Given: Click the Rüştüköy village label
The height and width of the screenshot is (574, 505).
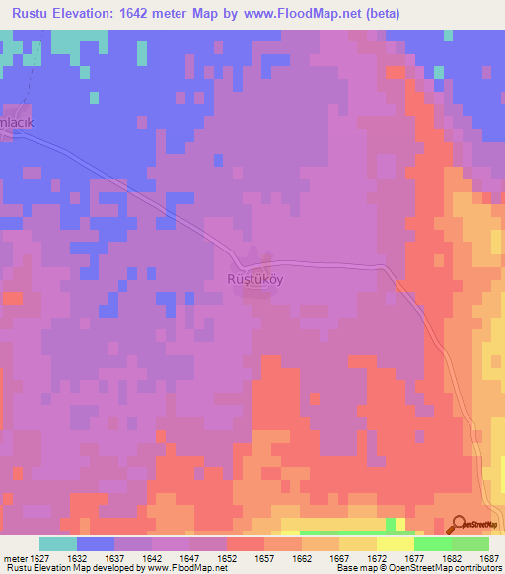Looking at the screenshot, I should coord(255,278).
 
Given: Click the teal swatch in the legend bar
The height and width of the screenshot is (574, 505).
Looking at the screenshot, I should coord(57,543).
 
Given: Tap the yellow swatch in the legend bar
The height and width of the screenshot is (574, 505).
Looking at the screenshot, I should coord(395,543).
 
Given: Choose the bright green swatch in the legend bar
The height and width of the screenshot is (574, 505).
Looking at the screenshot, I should coord(432,543).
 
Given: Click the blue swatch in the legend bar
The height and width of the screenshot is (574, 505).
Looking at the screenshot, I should coord(95,543).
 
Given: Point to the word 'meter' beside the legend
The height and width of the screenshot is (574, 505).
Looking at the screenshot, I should coord(16,557).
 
